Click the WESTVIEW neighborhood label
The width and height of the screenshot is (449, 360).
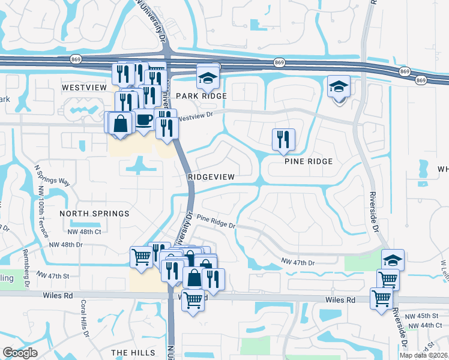[x=84, y=87]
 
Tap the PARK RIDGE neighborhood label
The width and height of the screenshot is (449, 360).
[x=201, y=96]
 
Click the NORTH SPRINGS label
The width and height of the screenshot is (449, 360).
[x=95, y=214]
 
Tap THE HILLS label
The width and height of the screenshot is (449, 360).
[x=133, y=353]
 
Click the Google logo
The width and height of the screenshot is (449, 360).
[x=20, y=353]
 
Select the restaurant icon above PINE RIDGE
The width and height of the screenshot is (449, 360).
[x=281, y=139]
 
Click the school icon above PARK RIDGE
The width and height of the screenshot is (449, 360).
[x=208, y=76]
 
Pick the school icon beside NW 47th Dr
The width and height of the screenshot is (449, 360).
[x=393, y=259]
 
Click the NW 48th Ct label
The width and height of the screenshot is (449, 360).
[x=85, y=231]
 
